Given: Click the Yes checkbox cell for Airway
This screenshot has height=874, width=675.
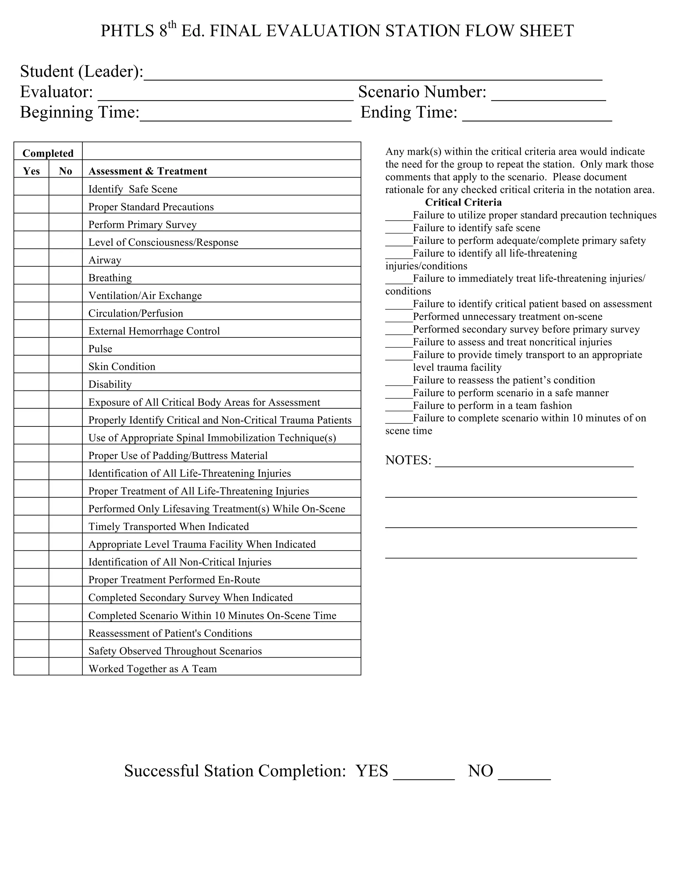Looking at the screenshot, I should point(31,258).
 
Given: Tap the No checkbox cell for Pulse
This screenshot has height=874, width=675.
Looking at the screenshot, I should point(66,347).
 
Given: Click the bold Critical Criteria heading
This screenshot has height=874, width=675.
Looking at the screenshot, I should point(463,202).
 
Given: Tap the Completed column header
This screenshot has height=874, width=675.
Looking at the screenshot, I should point(48,153).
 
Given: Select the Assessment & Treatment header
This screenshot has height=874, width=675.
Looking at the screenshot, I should point(148,171).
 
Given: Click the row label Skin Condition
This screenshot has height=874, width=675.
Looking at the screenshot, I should point(122,366).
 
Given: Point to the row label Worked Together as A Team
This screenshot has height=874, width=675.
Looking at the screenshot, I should point(152,669).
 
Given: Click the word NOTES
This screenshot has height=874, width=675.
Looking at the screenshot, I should point(408,460).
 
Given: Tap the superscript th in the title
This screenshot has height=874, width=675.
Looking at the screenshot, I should point(172,25).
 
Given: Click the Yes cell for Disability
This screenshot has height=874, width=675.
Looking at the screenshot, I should point(31,382).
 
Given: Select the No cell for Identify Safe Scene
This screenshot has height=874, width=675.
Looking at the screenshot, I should point(66,186).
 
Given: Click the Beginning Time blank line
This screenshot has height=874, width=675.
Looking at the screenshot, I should point(245,116).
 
